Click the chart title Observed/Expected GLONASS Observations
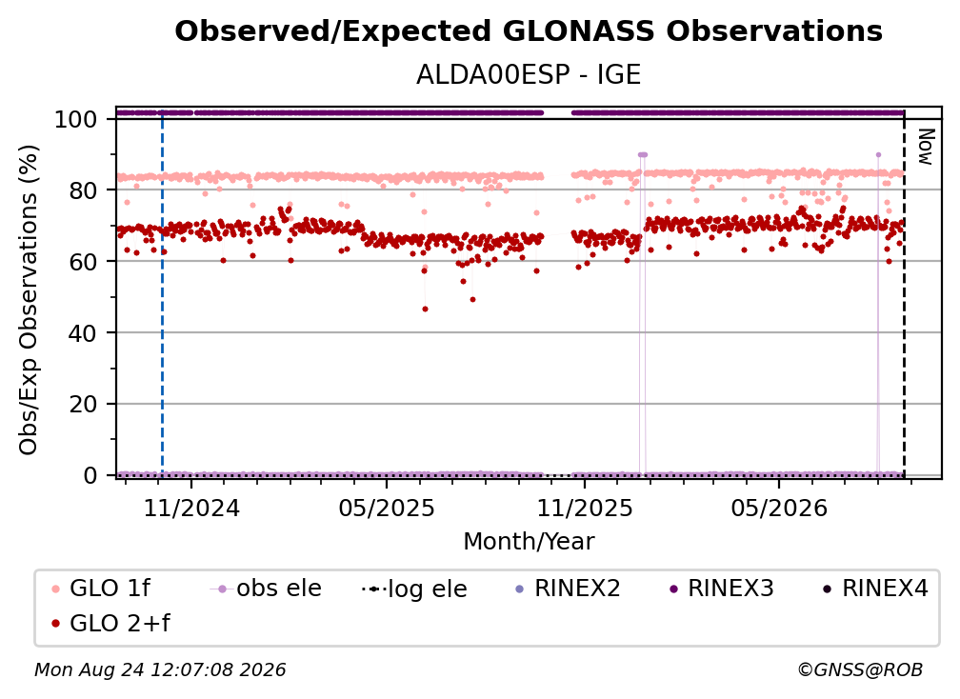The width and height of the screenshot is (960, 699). [x=529, y=31]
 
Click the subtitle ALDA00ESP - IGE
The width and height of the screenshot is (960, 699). [x=529, y=75]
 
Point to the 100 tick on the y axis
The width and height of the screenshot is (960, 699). [x=76, y=119]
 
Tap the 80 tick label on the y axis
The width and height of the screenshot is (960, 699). [x=83, y=190]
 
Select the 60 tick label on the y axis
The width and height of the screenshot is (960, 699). [x=83, y=261]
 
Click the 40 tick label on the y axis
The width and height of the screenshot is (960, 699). [x=83, y=333]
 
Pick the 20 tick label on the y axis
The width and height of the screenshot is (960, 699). [x=83, y=404]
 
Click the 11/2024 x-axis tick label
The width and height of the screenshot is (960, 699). [x=191, y=508]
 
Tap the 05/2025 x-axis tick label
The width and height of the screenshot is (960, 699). [x=387, y=508]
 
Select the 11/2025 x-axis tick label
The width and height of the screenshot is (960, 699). [x=585, y=508]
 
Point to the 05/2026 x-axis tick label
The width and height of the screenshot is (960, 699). [x=779, y=508]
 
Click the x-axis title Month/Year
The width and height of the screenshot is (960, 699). [x=529, y=542]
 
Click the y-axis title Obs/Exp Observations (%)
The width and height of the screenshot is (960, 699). [x=29, y=300]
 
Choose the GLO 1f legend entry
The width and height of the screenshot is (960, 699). [x=101, y=589]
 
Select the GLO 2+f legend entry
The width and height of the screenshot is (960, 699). [x=110, y=623]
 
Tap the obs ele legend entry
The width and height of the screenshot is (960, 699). [x=266, y=589]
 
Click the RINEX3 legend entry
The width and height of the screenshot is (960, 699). [x=722, y=589]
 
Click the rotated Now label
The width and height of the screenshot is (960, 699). [x=926, y=147]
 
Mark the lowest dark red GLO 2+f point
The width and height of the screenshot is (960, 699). [x=425, y=310]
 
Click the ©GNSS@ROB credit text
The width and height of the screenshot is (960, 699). [x=860, y=670]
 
